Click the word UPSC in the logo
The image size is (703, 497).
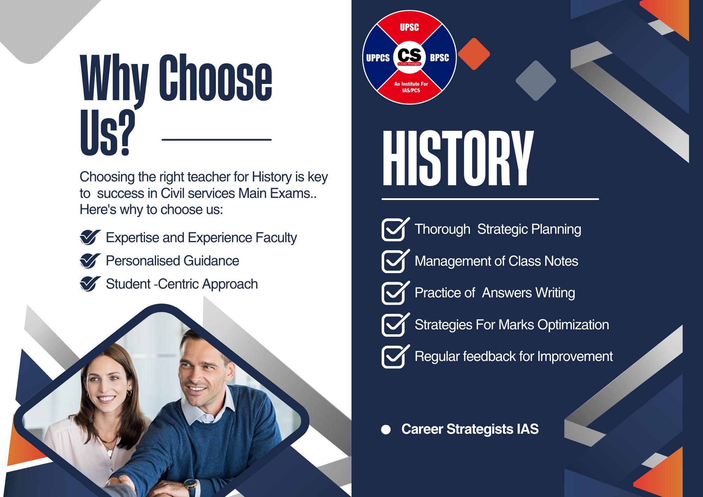tap(409, 27)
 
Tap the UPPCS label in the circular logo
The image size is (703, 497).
tap(378, 58)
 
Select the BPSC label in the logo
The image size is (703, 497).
tap(439, 58)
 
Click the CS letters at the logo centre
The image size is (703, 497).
tap(409, 55)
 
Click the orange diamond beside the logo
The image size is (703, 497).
tap(474, 54)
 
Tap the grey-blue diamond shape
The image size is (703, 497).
tap(536, 80)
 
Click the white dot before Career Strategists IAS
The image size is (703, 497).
tap(386, 430)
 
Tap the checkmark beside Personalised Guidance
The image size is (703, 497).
tap(90, 261)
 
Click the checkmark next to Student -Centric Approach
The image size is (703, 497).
tap(90, 284)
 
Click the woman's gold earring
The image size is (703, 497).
tap(130, 391)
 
